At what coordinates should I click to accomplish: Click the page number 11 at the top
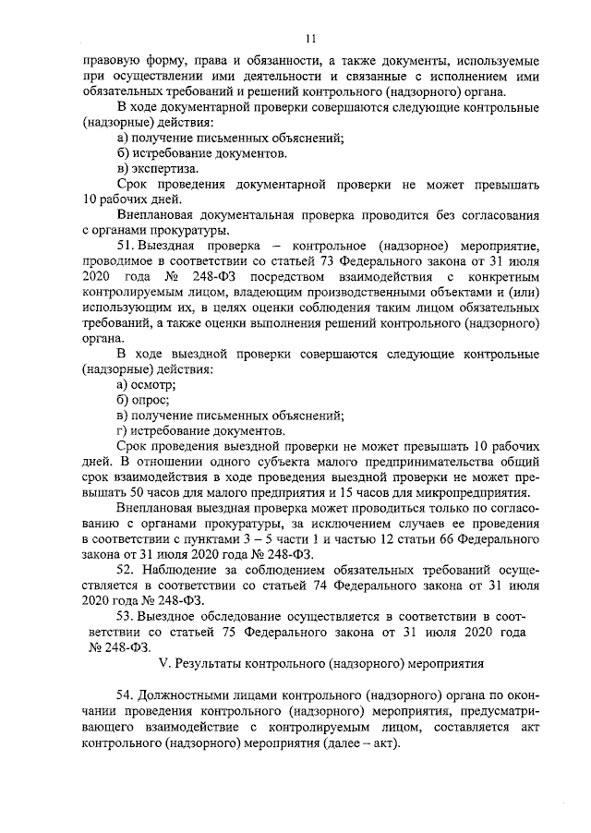[310, 38]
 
